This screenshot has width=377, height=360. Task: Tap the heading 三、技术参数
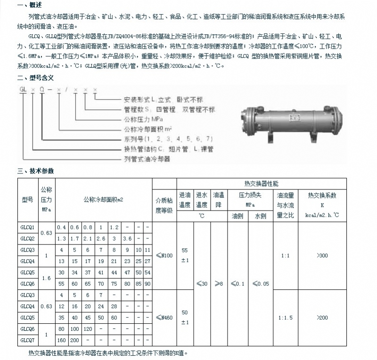pos(35,171)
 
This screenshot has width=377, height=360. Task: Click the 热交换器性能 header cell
pos(261,183)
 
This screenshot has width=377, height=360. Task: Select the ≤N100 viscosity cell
pos(164,255)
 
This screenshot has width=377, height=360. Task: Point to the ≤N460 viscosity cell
pos(164,318)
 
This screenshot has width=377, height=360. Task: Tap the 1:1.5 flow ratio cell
pos(285,318)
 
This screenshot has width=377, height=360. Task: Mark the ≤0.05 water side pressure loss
pos(261,284)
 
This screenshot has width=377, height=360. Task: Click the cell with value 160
pos(61,339)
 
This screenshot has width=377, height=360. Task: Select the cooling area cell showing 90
pos(148,284)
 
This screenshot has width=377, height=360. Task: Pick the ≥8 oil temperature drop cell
pos(219,284)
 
